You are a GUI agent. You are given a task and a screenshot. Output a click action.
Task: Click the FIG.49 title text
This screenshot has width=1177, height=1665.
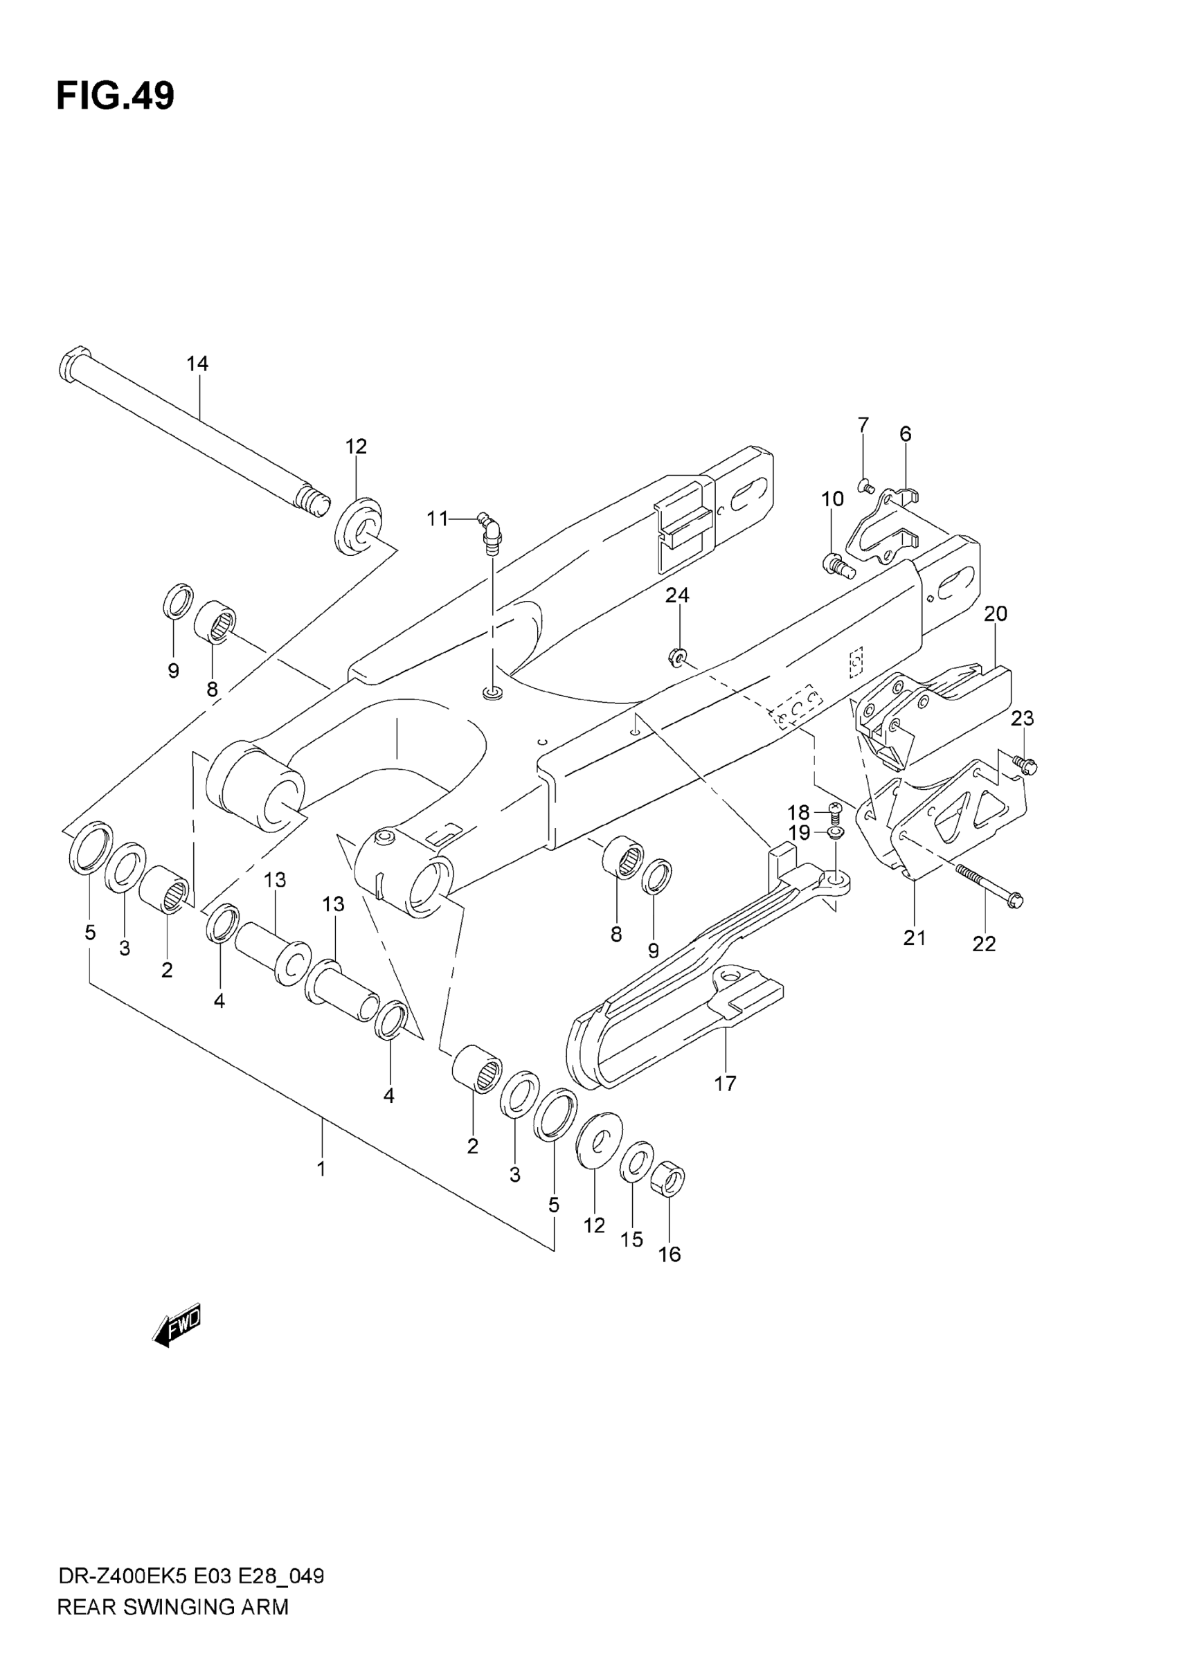pyautogui.click(x=116, y=96)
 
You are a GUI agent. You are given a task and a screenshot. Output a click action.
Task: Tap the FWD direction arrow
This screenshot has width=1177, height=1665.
pyautogui.click(x=177, y=1325)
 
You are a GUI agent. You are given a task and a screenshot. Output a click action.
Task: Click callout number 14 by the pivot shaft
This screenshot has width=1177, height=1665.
pyautogui.click(x=197, y=364)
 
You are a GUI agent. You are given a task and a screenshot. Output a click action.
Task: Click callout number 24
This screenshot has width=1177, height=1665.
pyautogui.click(x=677, y=595)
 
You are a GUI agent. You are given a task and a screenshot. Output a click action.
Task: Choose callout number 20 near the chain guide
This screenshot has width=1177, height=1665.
pyautogui.click(x=996, y=613)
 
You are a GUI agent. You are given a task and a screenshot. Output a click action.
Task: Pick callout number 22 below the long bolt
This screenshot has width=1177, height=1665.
pyautogui.click(x=984, y=944)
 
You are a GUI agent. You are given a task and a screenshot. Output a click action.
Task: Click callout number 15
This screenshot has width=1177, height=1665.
pyautogui.click(x=631, y=1239)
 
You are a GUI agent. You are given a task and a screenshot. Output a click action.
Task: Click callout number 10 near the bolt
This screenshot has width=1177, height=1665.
pyautogui.click(x=832, y=499)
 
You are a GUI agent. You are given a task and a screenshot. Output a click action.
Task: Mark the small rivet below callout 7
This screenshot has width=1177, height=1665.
pyautogui.click(x=864, y=487)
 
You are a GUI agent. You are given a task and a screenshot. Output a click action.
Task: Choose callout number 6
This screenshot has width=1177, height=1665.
pyautogui.click(x=905, y=434)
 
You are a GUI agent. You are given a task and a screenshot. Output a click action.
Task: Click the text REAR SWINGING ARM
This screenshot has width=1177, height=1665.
pyautogui.click(x=172, y=1628)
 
